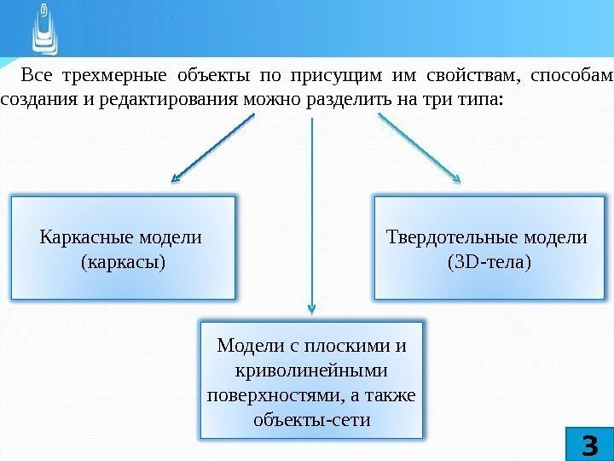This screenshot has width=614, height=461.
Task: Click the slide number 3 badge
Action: click(x=589, y=445)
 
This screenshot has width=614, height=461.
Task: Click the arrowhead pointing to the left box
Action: click(x=175, y=178)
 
